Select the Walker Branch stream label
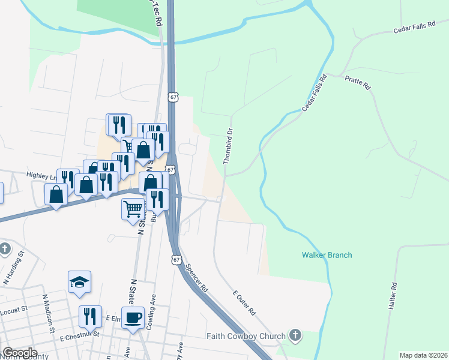tap(327, 255)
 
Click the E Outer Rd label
tap(244, 302)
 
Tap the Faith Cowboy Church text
tap(246, 336)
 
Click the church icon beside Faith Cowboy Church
tap(294, 335)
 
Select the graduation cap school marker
tap(79, 283)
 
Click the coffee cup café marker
tap(133, 317)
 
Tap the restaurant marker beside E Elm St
tap(90, 316)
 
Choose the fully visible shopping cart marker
tap(133, 209)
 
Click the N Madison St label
tap(49, 312)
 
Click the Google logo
tap(19, 353)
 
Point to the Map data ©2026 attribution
tap(423, 355)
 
